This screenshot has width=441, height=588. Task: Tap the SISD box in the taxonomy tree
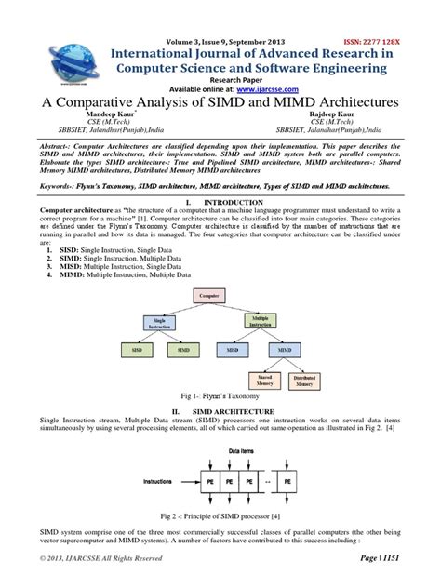[135, 350]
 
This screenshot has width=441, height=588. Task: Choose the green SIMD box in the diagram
[181, 350]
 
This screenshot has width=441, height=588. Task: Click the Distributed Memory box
[304, 380]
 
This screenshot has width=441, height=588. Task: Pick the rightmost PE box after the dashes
[289, 484]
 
